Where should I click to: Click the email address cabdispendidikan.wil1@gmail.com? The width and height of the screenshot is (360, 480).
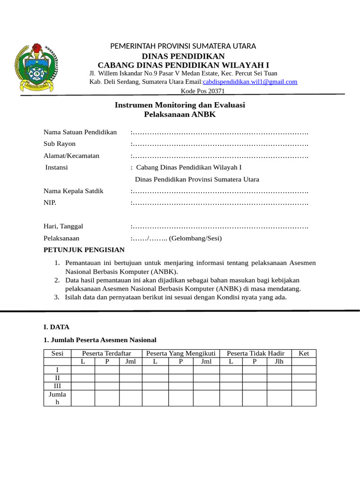(250, 82)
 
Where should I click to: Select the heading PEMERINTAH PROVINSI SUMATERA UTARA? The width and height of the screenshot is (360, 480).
(183, 46)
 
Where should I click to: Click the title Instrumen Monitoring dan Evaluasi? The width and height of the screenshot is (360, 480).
(180, 105)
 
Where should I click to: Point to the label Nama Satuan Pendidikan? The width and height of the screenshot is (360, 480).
(80, 132)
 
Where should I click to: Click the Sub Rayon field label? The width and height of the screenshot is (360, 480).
(60, 143)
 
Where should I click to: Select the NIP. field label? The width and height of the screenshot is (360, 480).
(50, 202)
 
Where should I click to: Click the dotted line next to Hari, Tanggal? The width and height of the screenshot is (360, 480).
(219, 226)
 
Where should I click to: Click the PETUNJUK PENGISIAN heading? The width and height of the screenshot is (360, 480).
(84, 250)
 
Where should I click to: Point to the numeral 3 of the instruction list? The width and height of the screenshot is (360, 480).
(56, 297)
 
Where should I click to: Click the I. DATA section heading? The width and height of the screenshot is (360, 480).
(56, 327)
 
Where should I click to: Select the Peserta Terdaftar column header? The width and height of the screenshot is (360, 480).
(106, 353)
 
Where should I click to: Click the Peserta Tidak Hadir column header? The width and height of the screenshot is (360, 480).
(255, 353)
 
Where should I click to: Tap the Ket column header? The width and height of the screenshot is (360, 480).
(304, 353)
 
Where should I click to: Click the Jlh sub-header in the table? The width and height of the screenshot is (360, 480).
(279, 361)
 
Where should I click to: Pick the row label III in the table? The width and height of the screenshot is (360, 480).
(57, 385)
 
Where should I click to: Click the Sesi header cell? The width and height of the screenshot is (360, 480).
(57, 353)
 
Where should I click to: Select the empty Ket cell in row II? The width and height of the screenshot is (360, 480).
(304, 377)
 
